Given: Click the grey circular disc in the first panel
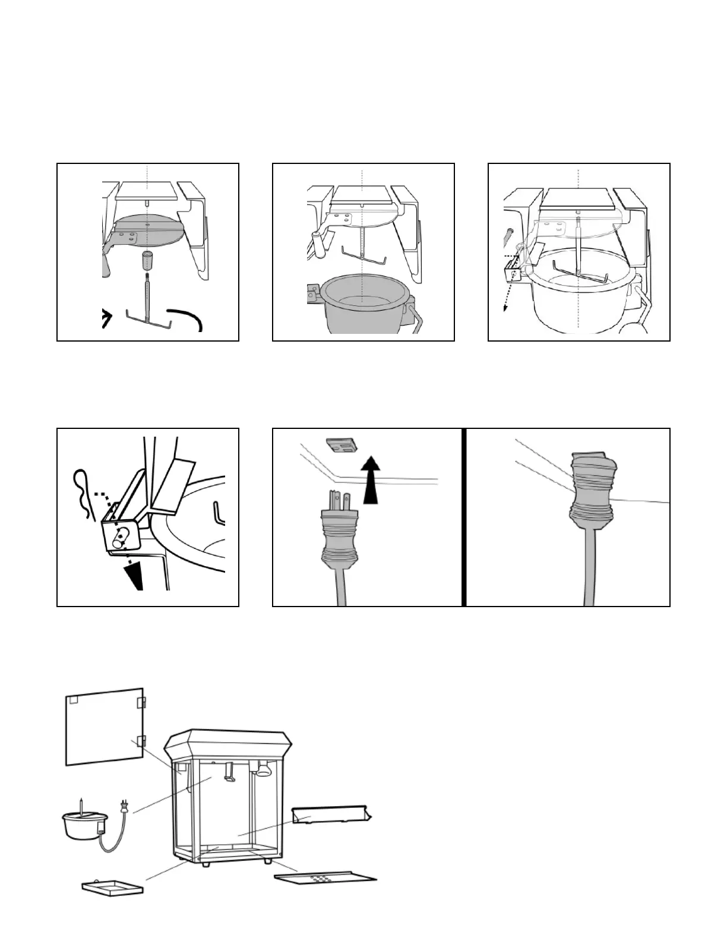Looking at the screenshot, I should point(146,229).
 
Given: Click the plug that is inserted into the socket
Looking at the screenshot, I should point(590,493).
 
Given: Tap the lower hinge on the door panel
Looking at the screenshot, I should point(141,741).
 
